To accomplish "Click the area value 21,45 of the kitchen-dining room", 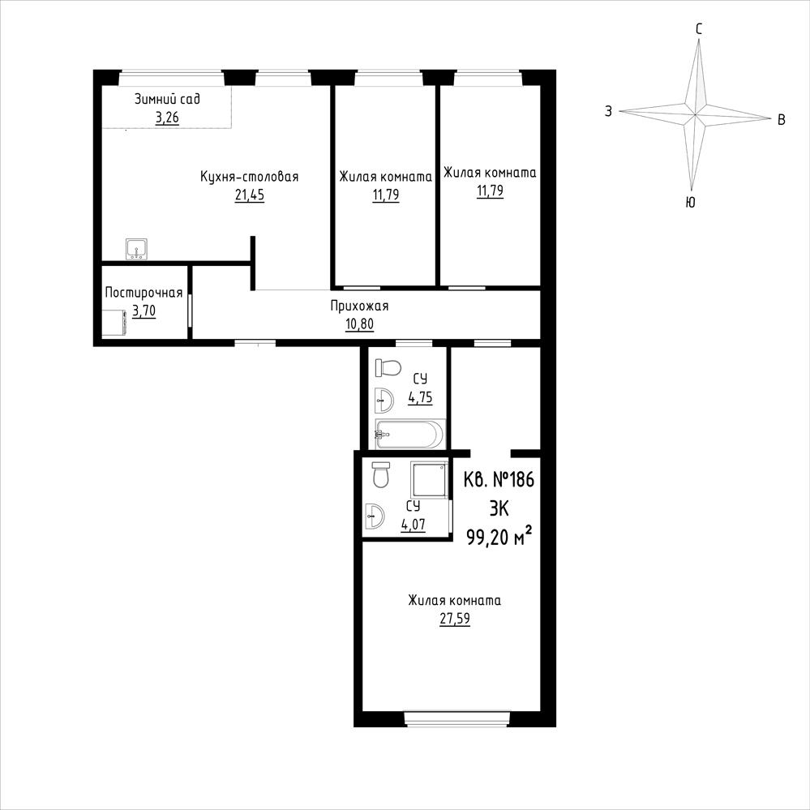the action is pos(250,195).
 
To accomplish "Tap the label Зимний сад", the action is pos(167,99).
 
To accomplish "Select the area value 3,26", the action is pos(167,118).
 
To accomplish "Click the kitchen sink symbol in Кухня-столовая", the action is pos(136,249).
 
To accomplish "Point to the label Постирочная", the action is pos(144,293).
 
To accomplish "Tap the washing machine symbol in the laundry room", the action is pos(114,323).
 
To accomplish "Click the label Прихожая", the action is pos(359,306).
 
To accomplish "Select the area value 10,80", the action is pos(359,324).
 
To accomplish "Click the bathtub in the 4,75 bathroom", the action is pos(409,435).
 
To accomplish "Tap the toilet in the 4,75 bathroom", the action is pos(388,368).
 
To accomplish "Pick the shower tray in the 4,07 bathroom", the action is pos(429,480).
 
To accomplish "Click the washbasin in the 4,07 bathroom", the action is pos(375,516).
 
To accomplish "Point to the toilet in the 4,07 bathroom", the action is pos(381,475).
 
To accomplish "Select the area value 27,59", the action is pos(455,619).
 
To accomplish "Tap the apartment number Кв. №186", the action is pos(499,480).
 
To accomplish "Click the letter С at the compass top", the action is pos(698,29).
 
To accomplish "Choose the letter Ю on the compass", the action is pos(690,202).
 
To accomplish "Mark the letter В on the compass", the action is pos(782,120).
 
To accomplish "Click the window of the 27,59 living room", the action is pos(456,718).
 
